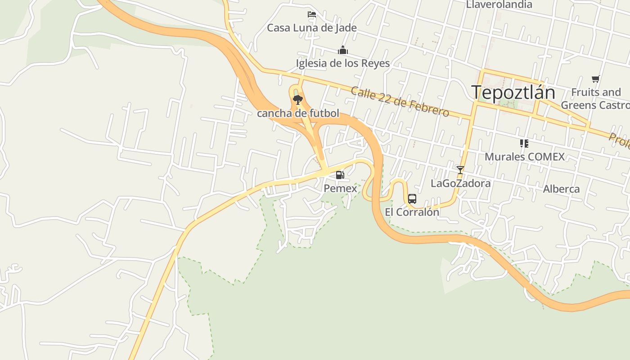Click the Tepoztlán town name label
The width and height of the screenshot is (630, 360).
513,93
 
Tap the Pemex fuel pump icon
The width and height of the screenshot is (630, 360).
340,175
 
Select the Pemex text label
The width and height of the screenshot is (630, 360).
340,189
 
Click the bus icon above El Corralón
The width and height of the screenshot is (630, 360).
412,198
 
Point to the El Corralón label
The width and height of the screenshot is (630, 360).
412,212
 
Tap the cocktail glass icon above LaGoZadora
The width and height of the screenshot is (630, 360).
460,170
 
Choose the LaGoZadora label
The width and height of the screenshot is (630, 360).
460,183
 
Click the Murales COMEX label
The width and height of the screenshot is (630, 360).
524,157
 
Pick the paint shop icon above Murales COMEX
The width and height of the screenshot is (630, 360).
524,144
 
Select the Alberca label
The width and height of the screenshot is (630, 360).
561,189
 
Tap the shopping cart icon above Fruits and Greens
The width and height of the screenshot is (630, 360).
596,79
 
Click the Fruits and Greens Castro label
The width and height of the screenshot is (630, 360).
595,99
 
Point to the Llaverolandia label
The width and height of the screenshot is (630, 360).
499,4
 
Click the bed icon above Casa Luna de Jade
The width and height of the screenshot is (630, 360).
311,14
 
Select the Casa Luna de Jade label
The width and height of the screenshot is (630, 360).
312,28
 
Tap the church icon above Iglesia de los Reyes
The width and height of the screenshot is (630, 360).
343,49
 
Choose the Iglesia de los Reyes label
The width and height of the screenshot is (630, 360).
342,63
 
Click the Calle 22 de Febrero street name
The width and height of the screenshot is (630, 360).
400,102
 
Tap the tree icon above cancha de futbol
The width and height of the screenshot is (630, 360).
297,100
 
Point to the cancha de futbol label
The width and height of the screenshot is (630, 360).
298,113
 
